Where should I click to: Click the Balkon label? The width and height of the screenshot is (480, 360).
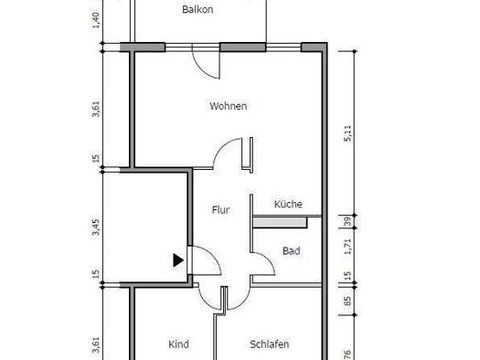point(197,9)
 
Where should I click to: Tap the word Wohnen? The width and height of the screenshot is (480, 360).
point(229,106)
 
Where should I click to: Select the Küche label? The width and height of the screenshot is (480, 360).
point(288,204)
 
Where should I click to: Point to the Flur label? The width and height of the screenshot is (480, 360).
point(220,210)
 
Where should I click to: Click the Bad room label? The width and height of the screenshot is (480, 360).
point(291,251)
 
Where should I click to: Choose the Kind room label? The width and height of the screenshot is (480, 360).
point(178,344)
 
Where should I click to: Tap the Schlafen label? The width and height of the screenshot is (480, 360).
point(270,344)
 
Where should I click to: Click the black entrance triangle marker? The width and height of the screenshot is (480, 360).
point(178,260)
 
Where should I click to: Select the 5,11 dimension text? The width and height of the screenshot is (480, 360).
point(348,133)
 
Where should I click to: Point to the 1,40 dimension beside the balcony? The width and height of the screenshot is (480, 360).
point(96,20)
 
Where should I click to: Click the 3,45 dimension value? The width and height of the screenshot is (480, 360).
point(96,227)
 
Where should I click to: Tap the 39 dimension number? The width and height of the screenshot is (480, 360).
point(347,221)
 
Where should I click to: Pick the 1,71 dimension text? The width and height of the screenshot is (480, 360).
point(347,247)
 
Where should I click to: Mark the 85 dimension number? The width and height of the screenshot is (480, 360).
point(347,302)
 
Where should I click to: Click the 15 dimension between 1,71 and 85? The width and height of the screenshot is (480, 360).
point(347,276)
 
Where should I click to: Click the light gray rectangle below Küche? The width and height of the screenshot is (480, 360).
point(280,222)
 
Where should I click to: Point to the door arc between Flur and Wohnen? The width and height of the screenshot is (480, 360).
point(221,146)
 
